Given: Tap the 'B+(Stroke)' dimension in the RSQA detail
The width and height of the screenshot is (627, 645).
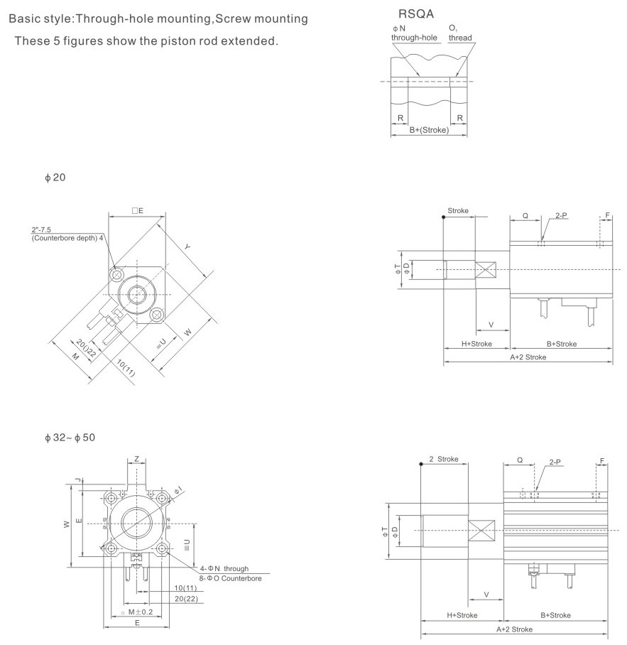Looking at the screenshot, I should pyautogui.click(x=429, y=129).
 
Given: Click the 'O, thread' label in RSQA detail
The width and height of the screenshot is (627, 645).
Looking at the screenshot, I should pyautogui.click(x=459, y=33).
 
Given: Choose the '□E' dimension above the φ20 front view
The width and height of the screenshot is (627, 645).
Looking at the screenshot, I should pyautogui.click(x=137, y=211).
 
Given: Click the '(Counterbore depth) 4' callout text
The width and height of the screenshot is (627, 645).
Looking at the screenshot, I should pyautogui.click(x=67, y=238).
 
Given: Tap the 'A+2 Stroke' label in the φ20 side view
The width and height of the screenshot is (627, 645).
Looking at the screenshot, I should pyautogui.click(x=528, y=357).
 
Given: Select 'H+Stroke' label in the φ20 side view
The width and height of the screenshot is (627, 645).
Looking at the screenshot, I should pyautogui.click(x=476, y=344).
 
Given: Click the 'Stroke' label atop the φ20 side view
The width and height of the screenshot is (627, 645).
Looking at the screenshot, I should pyautogui.click(x=458, y=211).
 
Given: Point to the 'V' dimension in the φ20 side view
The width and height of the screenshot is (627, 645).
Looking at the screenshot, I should pyautogui.click(x=491, y=324).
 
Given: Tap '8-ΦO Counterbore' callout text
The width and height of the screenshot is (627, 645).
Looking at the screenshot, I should pyautogui.click(x=231, y=579).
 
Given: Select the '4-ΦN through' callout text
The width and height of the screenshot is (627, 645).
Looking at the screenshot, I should pyautogui.click(x=224, y=569).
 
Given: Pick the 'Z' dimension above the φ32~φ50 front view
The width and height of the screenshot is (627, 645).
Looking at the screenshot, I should pyautogui.click(x=136, y=459).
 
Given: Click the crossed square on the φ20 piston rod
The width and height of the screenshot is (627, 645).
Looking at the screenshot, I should pyautogui.click(x=488, y=271).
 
